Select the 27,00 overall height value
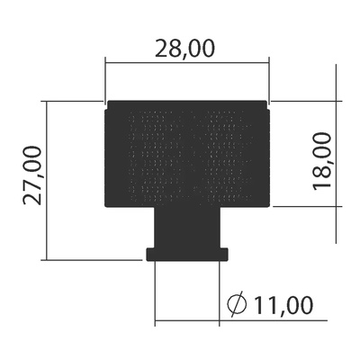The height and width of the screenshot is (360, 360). [33, 176]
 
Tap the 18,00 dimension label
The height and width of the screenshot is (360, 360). [323, 160]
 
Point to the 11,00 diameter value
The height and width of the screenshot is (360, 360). [283, 305]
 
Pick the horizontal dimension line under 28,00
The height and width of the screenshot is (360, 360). [187, 62]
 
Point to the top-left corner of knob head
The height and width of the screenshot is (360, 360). [108, 103]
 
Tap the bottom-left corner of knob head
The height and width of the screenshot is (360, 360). [108, 205]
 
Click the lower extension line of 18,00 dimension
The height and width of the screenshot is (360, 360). [306, 208]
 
